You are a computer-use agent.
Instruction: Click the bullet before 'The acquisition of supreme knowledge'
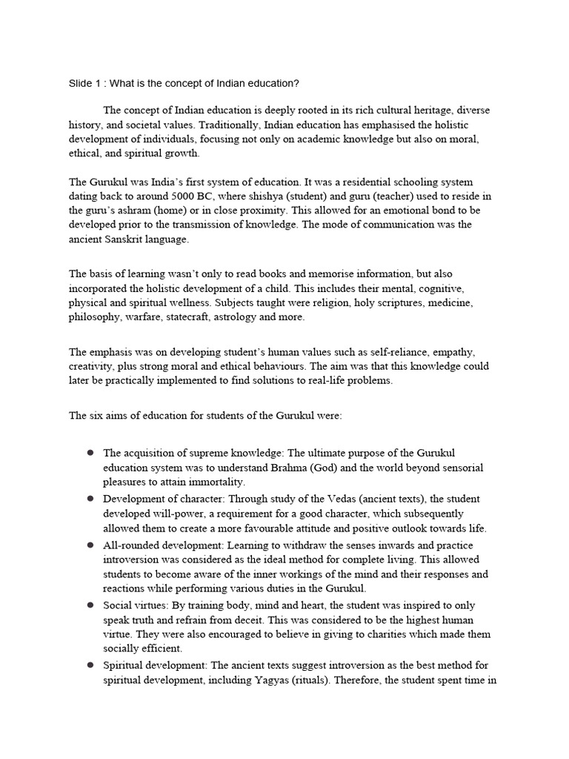tap(90, 452)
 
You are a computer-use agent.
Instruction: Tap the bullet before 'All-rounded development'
tap(90, 544)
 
